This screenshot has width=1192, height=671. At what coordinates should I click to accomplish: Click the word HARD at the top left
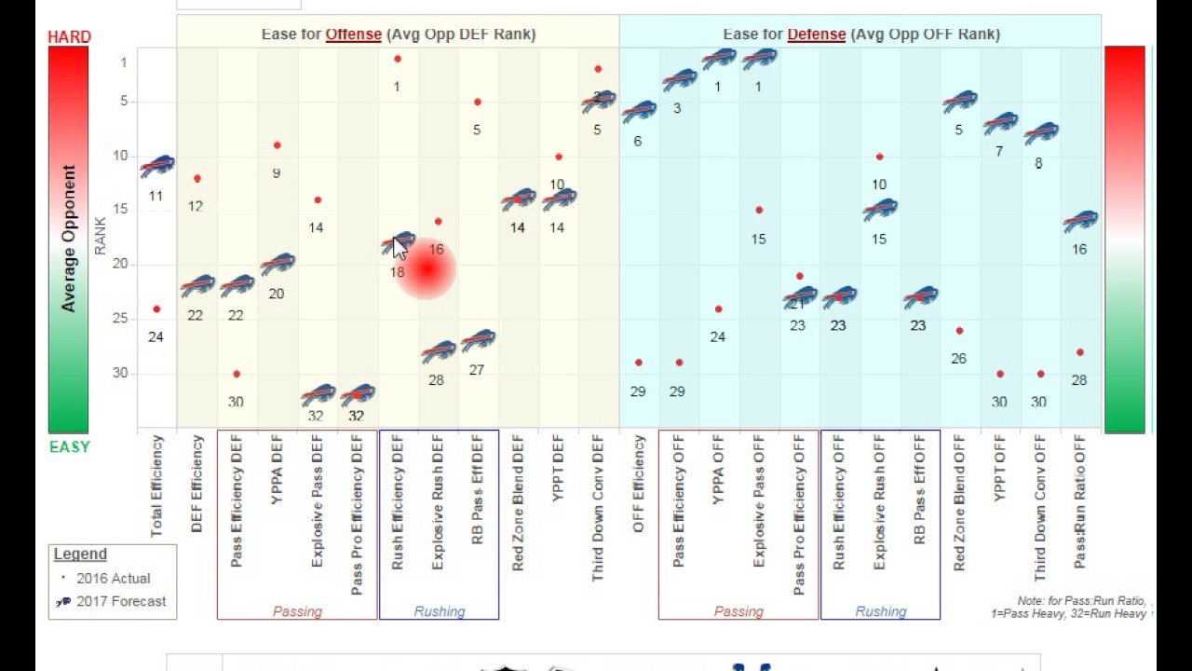pyautogui.click(x=70, y=37)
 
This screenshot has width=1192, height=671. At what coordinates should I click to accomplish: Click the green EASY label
pyautogui.click(x=70, y=447)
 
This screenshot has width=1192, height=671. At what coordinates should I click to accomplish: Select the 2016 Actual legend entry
pyautogui.click(x=113, y=579)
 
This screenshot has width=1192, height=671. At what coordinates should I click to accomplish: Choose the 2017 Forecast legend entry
pyautogui.click(x=121, y=602)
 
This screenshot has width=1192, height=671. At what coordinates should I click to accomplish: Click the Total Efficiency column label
pyautogui.click(x=156, y=486)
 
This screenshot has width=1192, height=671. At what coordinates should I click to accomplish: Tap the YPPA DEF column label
pyautogui.click(x=277, y=470)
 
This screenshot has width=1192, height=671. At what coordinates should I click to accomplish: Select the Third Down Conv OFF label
pyautogui.click(x=1040, y=508)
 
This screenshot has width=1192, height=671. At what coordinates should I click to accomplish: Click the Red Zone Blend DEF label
pyautogui.click(x=518, y=502)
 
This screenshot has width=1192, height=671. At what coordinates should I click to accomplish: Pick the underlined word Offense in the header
pyautogui.click(x=353, y=34)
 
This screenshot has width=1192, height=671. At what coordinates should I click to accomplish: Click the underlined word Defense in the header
pyautogui.click(x=816, y=34)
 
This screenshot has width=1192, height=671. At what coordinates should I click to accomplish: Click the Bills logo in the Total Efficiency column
pyautogui.click(x=157, y=167)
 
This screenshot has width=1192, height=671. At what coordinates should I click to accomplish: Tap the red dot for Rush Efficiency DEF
pyautogui.click(x=398, y=60)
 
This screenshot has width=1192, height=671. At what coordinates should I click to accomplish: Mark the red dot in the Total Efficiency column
pyautogui.click(x=156, y=309)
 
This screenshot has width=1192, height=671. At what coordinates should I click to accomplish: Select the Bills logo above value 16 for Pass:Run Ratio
pyautogui.click(x=1080, y=222)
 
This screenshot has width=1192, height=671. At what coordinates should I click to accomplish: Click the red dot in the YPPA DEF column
pyautogui.click(x=277, y=145)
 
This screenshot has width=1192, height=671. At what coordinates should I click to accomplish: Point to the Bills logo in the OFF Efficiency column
pyautogui.click(x=639, y=113)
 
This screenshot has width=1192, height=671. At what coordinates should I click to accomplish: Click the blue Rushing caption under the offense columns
pyautogui.click(x=439, y=612)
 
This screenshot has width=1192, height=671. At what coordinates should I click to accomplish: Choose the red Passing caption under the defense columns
pyautogui.click(x=738, y=612)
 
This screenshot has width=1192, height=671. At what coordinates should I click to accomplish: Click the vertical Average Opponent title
pyautogui.click(x=69, y=239)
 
